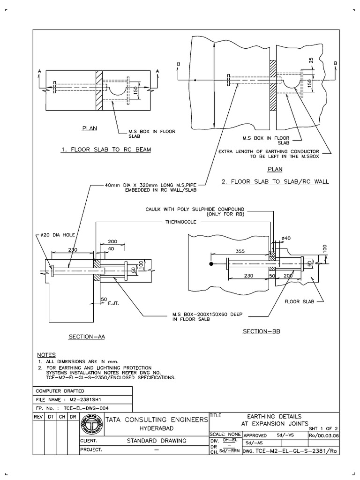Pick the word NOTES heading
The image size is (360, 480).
click(46, 355)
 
